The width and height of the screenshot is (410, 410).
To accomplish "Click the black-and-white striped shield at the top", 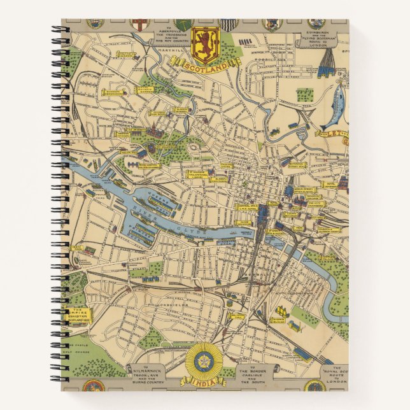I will (227, 25).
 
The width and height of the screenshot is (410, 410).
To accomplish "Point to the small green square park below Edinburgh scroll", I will (304, 94).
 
